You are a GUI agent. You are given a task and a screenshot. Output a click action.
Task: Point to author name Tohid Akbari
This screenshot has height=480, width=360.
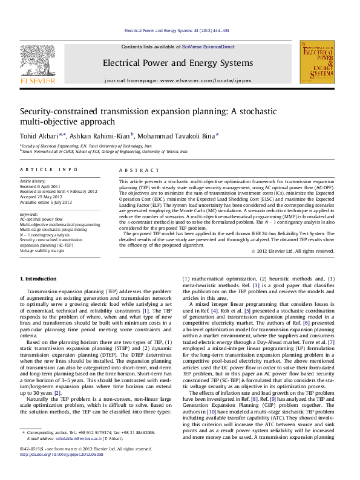pos(39,136)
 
